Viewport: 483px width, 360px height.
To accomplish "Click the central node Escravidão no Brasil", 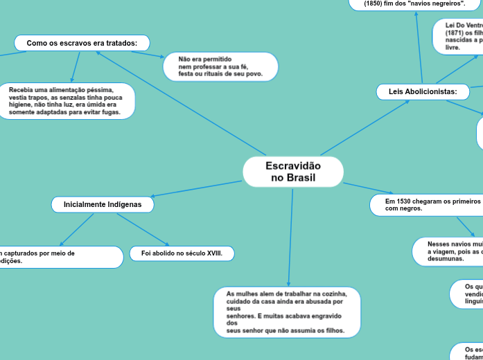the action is point(293,172).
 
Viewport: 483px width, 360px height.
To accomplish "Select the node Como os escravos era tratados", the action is point(82,43).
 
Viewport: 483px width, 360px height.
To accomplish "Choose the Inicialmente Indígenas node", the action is point(103,204).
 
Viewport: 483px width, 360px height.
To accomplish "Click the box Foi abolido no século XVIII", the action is point(182,253).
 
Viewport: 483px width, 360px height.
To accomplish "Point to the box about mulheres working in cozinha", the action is point(287,312).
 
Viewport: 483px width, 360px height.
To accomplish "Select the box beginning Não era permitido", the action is point(220,66).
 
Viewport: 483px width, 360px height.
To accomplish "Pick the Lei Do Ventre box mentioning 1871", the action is point(458,36).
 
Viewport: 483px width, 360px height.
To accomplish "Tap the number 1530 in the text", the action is point(407,201).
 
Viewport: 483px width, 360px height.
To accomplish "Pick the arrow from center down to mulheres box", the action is point(290,235).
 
